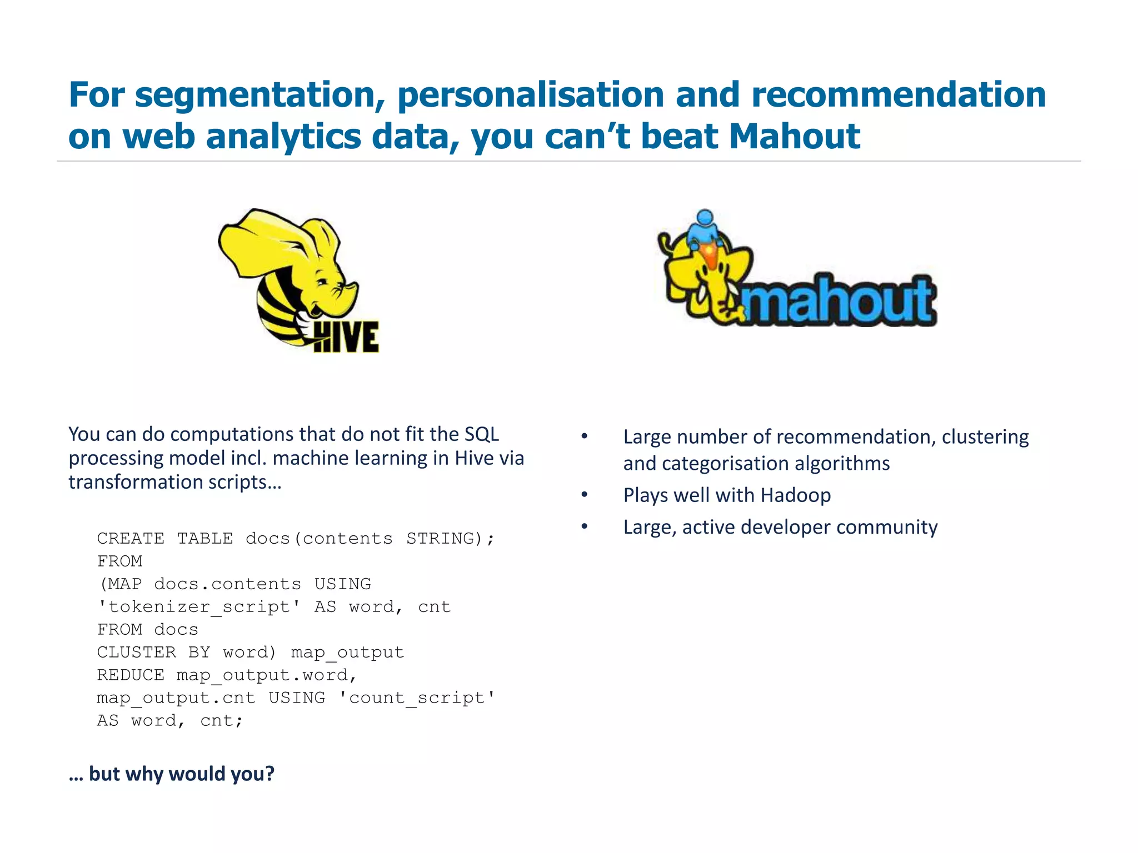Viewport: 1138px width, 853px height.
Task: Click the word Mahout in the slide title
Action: pyautogui.click(x=795, y=137)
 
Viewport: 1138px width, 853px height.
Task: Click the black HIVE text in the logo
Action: pyautogui.click(x=346, y=337)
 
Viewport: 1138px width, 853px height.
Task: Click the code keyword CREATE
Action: pyautogui.click(x=131, y=538)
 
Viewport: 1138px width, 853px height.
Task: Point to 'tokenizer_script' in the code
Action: pyautogui.click(x=199, y=606)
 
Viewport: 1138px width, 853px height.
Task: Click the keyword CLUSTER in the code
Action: pyautogui.click(x=136, y=652)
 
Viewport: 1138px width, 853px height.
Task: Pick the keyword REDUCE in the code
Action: pyautogui.click(x=131, y=675)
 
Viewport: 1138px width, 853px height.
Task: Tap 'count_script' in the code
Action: pyautogui.click(x=417, y=698)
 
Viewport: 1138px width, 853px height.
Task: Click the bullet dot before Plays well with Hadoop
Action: pyautogui.click(x=585, y=494)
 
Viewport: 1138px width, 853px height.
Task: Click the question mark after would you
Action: pyautogui.click(x=269, y=774)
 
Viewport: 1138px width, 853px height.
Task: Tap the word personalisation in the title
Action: pyautogui.click(x=531, y=94)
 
